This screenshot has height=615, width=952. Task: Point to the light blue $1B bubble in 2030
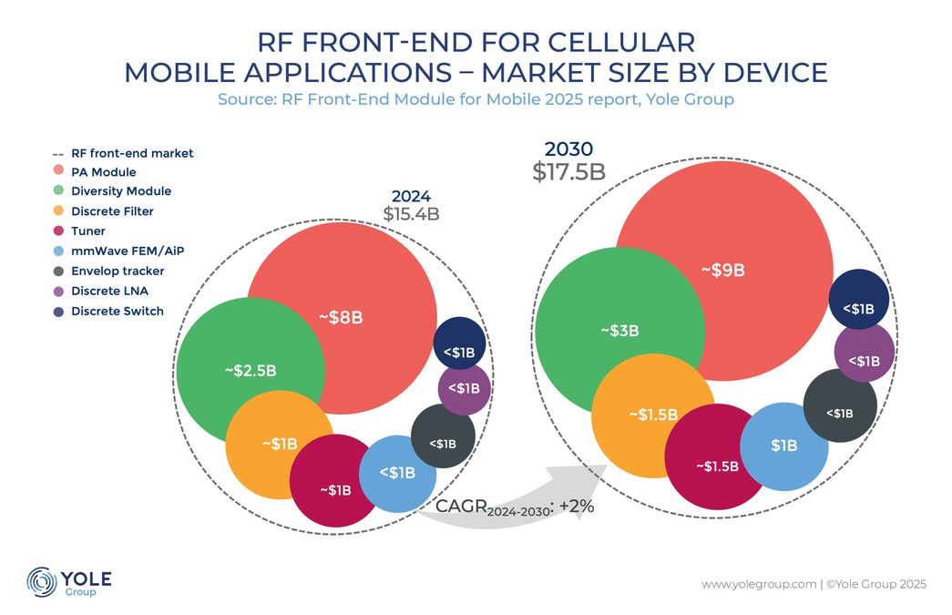point(783,446)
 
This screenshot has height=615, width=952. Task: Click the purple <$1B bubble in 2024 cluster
point(464,389)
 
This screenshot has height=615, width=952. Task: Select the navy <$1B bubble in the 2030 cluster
point(858,308)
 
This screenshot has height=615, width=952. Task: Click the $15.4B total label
point(412,214)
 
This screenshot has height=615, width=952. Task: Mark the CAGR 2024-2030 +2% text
point(515,507)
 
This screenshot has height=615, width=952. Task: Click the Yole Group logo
point(68,581)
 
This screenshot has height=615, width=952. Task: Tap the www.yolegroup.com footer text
point(758,584)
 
